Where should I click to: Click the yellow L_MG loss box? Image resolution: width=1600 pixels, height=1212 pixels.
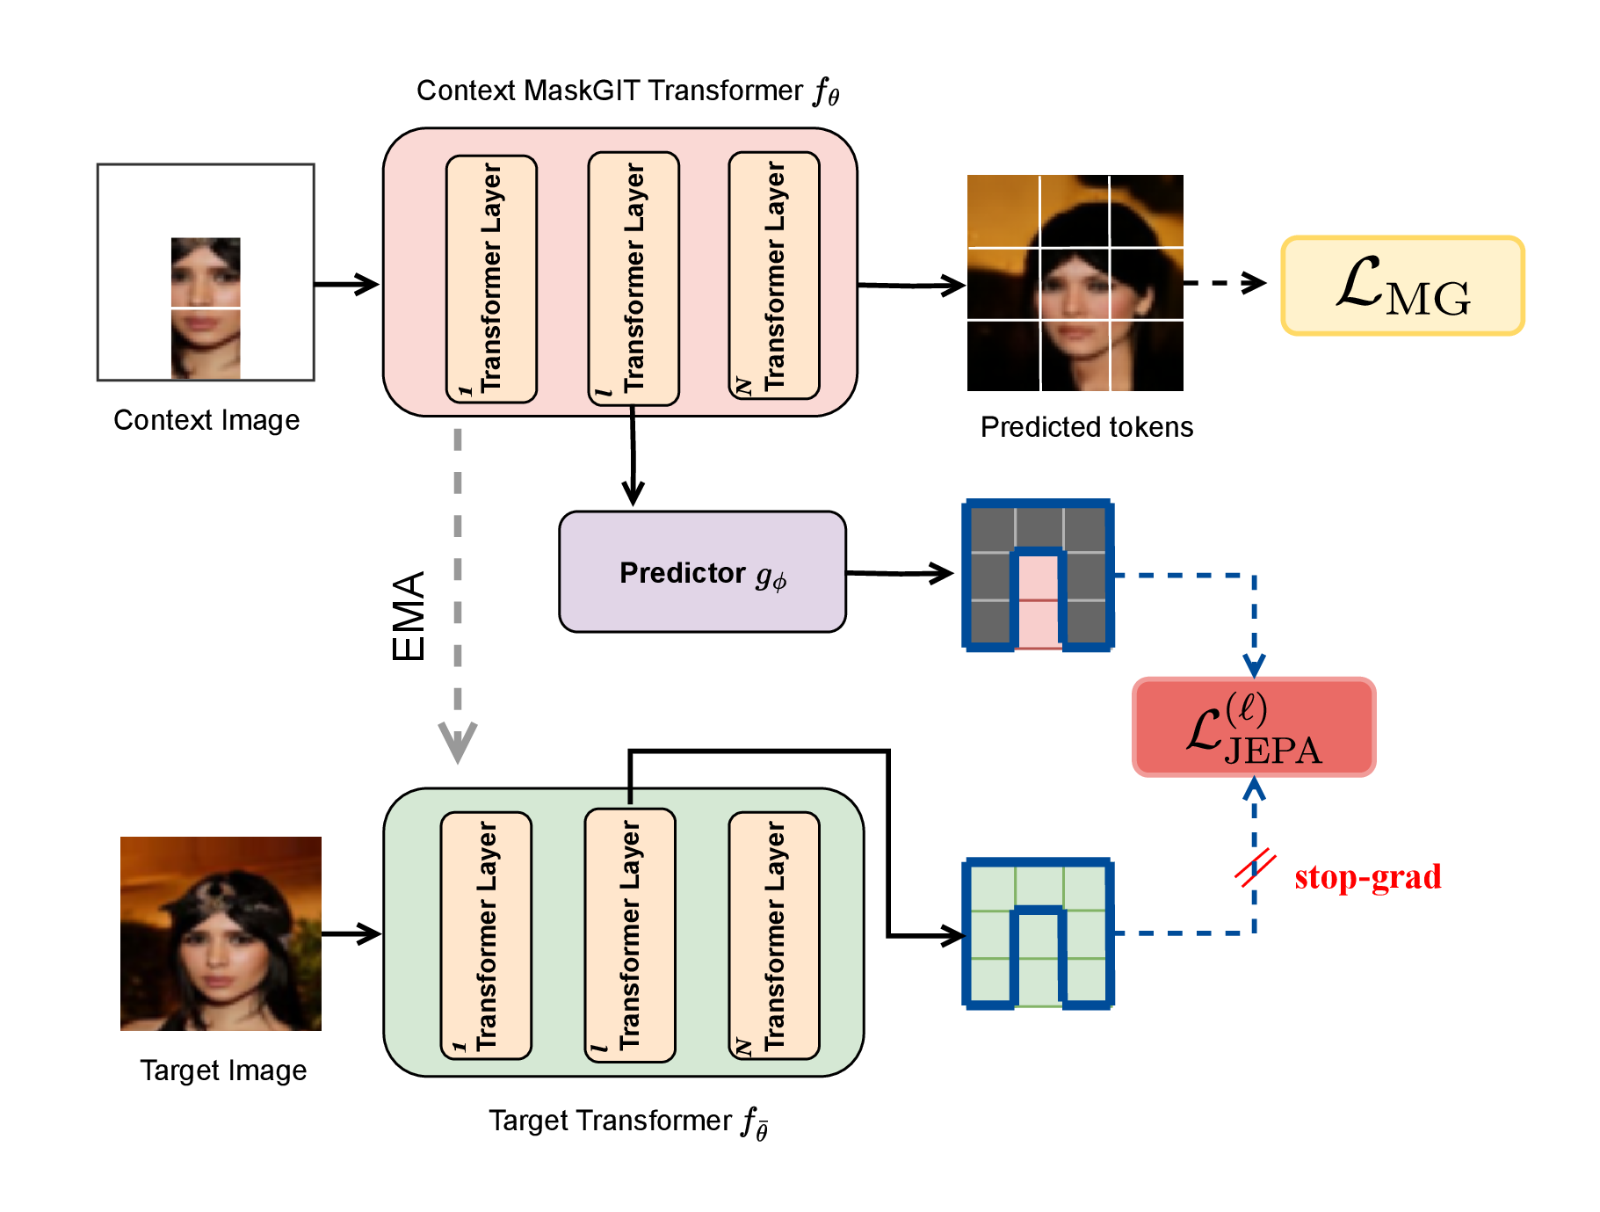[x=1402, y=286]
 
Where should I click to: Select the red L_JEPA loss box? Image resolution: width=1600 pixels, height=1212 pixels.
[x=1254, y=728]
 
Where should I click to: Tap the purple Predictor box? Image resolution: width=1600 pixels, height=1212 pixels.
[x=702, y=572]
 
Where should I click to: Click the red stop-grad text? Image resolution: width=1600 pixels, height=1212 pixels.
[x=1367, y=877]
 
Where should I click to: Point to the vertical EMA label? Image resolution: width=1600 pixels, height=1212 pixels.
[x=409, y=616]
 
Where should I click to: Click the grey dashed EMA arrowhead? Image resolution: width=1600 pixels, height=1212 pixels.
[x=458, y=741]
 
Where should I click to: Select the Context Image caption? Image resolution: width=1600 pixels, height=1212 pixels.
[x=206, y=420]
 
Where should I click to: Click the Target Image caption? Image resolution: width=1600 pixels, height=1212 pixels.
[x=223, y=1070]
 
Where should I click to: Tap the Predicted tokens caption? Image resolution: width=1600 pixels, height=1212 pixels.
[x=1086, y=427]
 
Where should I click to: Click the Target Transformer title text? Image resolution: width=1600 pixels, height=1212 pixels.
[x=627, y=1121]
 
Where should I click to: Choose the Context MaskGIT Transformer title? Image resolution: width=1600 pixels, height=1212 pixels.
[x=627, y=91]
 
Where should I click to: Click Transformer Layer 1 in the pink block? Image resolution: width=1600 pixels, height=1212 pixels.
[x=491, y=279]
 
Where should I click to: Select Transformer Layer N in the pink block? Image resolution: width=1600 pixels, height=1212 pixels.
[x=774, y=276]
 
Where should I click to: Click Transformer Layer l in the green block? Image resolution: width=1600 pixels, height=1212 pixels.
[x=630, y=935]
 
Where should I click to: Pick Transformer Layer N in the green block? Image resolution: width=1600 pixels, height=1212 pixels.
[x=774, y=935]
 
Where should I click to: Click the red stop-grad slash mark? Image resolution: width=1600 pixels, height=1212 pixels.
[x=1255, y=867]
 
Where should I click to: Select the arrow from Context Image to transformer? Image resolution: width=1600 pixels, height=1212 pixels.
[x=346, y=285]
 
